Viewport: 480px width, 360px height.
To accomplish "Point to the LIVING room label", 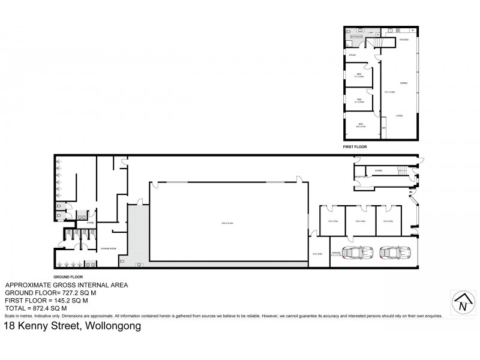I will coord(398,115).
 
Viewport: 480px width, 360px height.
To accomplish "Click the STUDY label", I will coord(353,56).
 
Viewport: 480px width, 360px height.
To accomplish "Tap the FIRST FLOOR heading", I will coord(355,146).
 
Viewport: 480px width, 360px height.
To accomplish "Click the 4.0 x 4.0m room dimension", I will coord(360,221).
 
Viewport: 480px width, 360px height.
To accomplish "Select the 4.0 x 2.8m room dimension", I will coord(317,254).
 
